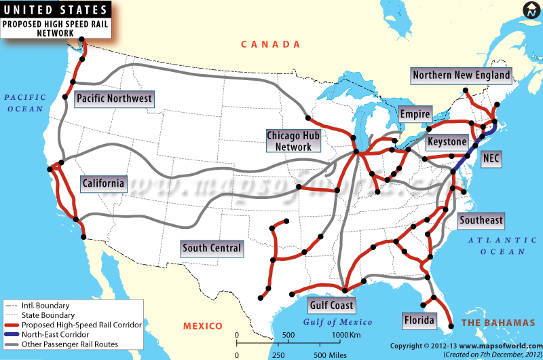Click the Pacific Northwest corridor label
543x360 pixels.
[x=114, y=98]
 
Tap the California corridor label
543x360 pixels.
[x=103, y=183]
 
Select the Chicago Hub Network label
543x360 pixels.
[x=293, y=141]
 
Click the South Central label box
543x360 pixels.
[x=212, y=248]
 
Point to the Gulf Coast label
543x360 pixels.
[x=332, y=305]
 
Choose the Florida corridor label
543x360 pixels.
[x=419, y=319]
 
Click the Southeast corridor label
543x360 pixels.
[x=481, y=220]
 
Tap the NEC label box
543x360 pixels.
[x=491, y=158]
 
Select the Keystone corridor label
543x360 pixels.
[x=447, y=142]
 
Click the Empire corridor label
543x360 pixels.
[x=415, y=114]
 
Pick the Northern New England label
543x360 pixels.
[x=462, y=75]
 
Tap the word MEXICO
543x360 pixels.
[x=202, y=327]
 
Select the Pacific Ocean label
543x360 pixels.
[x=24, y=103]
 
